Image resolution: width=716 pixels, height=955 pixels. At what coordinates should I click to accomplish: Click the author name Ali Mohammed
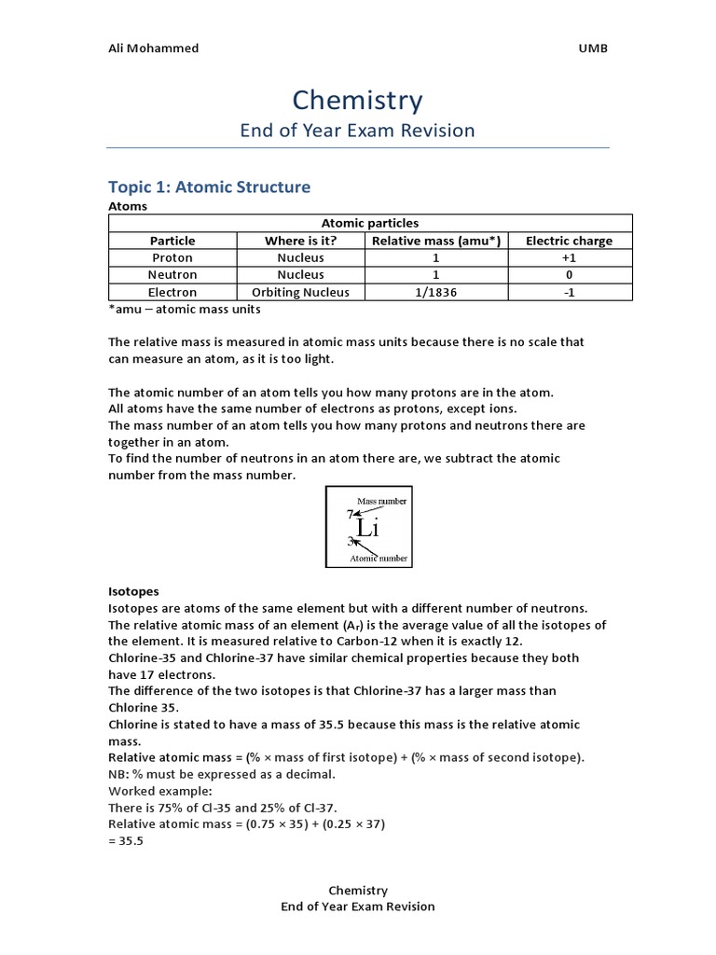click(153, 48)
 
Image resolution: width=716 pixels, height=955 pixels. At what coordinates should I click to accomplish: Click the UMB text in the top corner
click(593, 48)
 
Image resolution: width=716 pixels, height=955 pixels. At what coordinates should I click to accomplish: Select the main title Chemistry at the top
click(357, 100)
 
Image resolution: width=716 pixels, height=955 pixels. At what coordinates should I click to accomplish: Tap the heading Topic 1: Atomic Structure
click(209, 187)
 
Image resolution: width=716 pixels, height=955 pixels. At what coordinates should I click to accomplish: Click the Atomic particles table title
click(370, 223)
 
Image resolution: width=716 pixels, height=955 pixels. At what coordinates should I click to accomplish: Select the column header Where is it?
click(300, 241)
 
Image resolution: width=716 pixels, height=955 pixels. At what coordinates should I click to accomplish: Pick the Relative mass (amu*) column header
click(436, 241)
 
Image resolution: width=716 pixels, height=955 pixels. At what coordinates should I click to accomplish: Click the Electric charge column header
click(569, 241)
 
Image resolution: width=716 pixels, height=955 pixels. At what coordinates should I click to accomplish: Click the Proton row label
click(172, 257)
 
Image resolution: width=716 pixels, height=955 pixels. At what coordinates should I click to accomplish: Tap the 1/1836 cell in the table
click(436, 292)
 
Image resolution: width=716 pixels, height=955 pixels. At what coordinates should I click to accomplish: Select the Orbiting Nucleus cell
click(300, 292)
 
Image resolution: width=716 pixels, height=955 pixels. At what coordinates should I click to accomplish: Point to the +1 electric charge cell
click(569, 257)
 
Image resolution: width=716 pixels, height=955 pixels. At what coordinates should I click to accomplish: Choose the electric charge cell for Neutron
click(569, 275)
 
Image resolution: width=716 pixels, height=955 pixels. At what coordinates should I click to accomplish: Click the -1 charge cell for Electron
click(569, 292)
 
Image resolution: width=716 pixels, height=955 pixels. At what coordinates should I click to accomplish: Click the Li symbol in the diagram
click(367, 528)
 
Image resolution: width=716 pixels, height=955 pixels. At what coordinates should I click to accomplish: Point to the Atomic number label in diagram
click(379, 558)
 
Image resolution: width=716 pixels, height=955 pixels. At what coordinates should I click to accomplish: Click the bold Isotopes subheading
click(133, 591)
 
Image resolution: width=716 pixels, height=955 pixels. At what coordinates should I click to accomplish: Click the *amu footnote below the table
click(185, 309)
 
